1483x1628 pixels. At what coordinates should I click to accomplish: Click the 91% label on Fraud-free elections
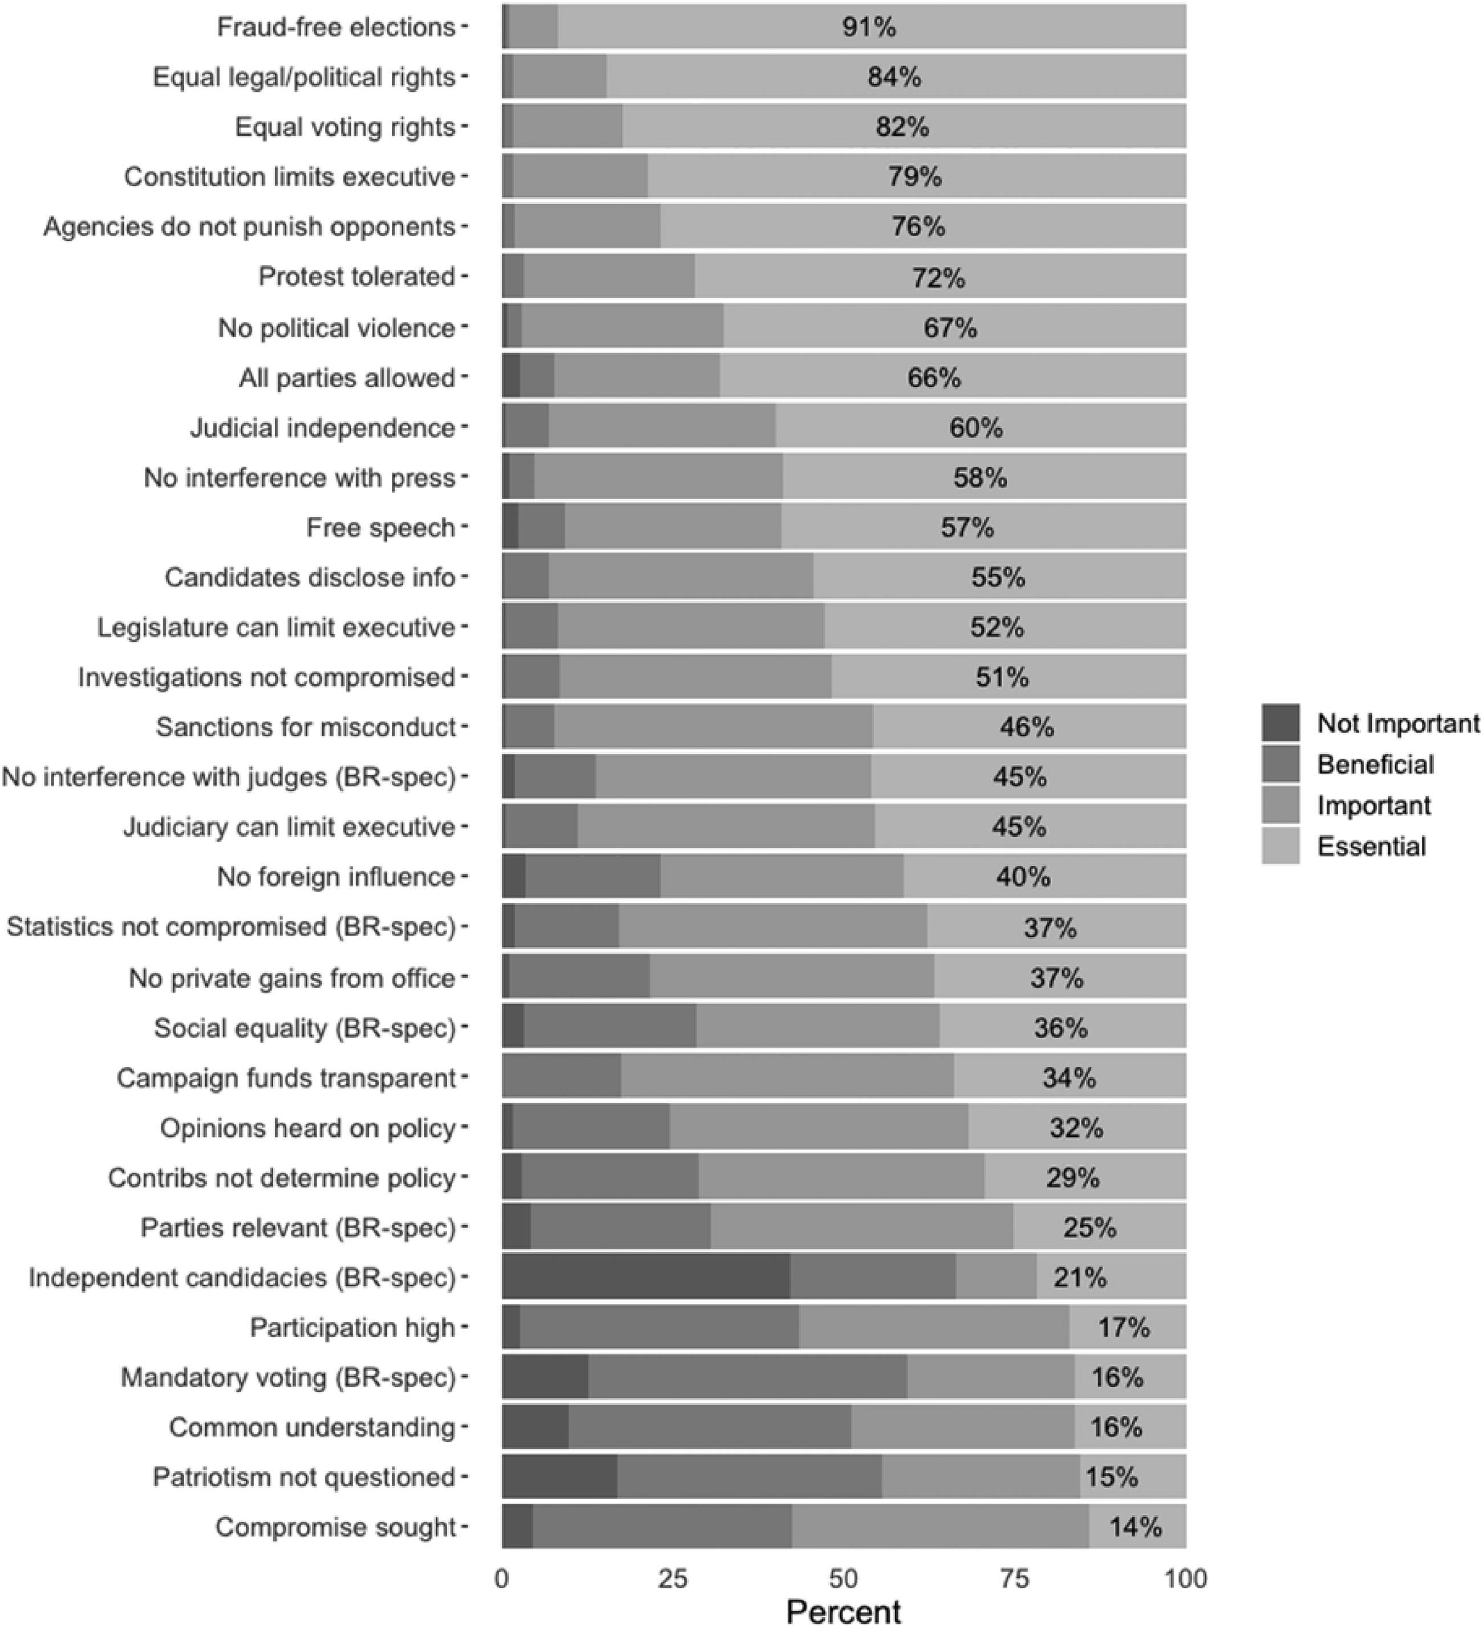[x=869, y=27]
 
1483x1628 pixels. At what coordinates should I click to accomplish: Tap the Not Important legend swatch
[x=1281, y=723]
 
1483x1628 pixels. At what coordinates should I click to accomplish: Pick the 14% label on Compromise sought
[x=1135, y=1526]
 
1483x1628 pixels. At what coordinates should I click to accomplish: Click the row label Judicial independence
[x=323, y=427]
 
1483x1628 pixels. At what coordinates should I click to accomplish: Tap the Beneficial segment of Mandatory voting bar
[x=748, y=1377]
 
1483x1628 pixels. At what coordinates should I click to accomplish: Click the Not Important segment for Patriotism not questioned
[x=560, y=1477]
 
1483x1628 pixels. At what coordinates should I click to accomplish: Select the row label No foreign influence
[x=336, y=876]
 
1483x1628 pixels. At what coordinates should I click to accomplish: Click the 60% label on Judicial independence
[x=976, y=427]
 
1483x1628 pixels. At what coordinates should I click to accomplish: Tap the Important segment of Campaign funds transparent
[x=787, y=1078]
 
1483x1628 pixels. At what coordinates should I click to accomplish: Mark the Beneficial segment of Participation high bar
[x=659, y=1327]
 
